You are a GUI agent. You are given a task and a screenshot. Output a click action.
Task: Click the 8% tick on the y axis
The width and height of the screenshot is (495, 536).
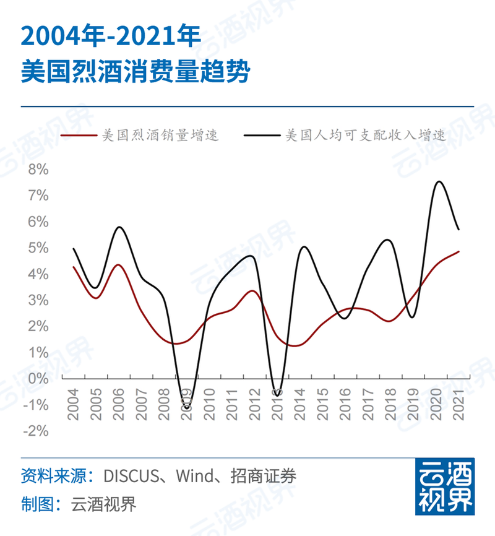point(38,169)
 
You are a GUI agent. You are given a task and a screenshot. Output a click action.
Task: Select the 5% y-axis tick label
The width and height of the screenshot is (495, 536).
point(38,248)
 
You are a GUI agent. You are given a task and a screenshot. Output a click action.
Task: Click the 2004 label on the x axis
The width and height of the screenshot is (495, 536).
point(74,405)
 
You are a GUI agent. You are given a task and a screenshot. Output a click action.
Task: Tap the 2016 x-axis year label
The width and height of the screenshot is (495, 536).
point(345,405)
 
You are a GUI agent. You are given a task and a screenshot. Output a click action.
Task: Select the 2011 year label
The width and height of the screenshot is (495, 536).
point(232,405)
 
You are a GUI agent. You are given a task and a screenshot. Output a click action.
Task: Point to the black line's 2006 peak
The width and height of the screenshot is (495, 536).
point(120,227)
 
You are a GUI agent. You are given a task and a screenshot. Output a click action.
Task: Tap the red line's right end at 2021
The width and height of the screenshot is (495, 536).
point(458,251)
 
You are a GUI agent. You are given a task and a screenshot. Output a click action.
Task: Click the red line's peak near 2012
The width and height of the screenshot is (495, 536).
point(252,290)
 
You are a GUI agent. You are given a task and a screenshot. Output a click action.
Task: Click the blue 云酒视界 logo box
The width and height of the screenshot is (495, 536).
point(444,487)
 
